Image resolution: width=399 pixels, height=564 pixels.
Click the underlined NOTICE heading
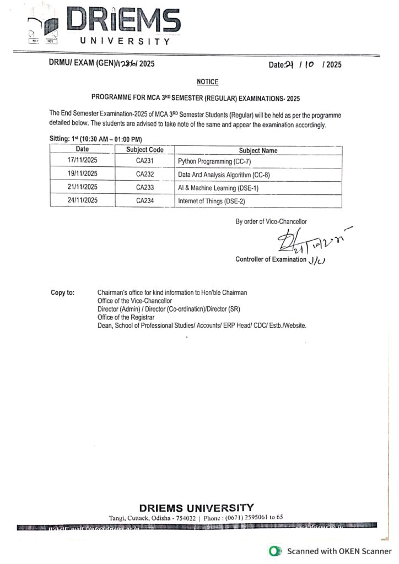click(x=207, y=82)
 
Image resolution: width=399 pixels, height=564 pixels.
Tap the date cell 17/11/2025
click(x=82, y=161)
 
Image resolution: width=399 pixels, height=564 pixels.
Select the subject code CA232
click(x=145, y=175)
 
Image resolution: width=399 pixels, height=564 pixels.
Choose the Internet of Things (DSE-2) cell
click(x=211, y=201)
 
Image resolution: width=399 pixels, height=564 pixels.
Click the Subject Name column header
click(x=258, y=150)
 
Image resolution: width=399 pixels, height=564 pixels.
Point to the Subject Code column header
click(x=145, y=150)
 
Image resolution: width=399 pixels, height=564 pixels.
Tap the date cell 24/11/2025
click(x=82, y=201)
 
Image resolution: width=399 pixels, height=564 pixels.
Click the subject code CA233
click(x=145, y=188)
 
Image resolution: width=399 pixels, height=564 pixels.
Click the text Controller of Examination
click(x=270, y=259)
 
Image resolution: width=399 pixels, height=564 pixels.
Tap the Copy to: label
click(x=62, y=292)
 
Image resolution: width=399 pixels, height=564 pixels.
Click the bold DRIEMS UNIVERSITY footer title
click(x=197, y=507)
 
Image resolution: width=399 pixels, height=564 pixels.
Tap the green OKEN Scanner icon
click(x=273, y=551)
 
